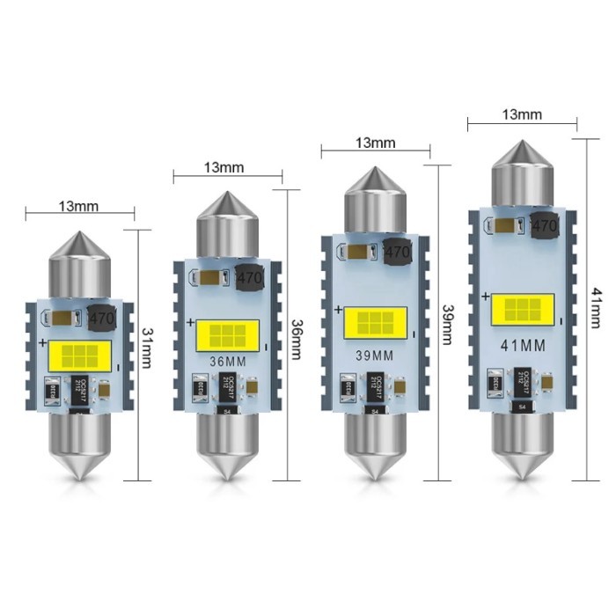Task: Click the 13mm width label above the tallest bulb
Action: pos(523,114)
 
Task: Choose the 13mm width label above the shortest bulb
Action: pos(79,207)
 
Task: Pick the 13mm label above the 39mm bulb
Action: pos(375,143)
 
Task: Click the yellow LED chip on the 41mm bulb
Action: pos(522,308)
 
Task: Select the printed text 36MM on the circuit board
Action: pos(227,363)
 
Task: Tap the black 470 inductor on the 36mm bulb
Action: pos(251,277)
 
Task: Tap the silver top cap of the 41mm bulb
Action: pos(522,172)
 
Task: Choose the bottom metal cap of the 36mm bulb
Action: pos(227,444)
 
